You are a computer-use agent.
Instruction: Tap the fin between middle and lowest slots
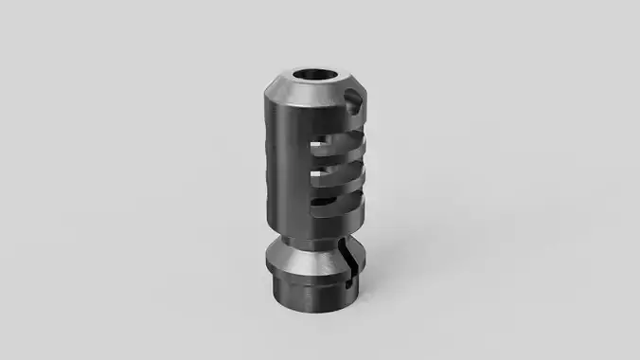pos(343,187)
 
